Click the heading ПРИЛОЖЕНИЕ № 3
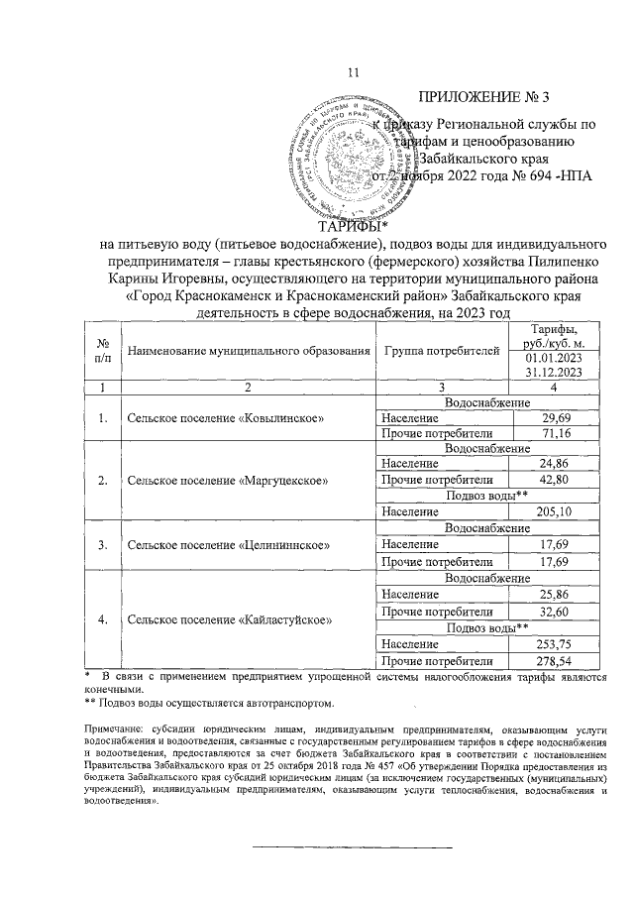coord(483,97)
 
